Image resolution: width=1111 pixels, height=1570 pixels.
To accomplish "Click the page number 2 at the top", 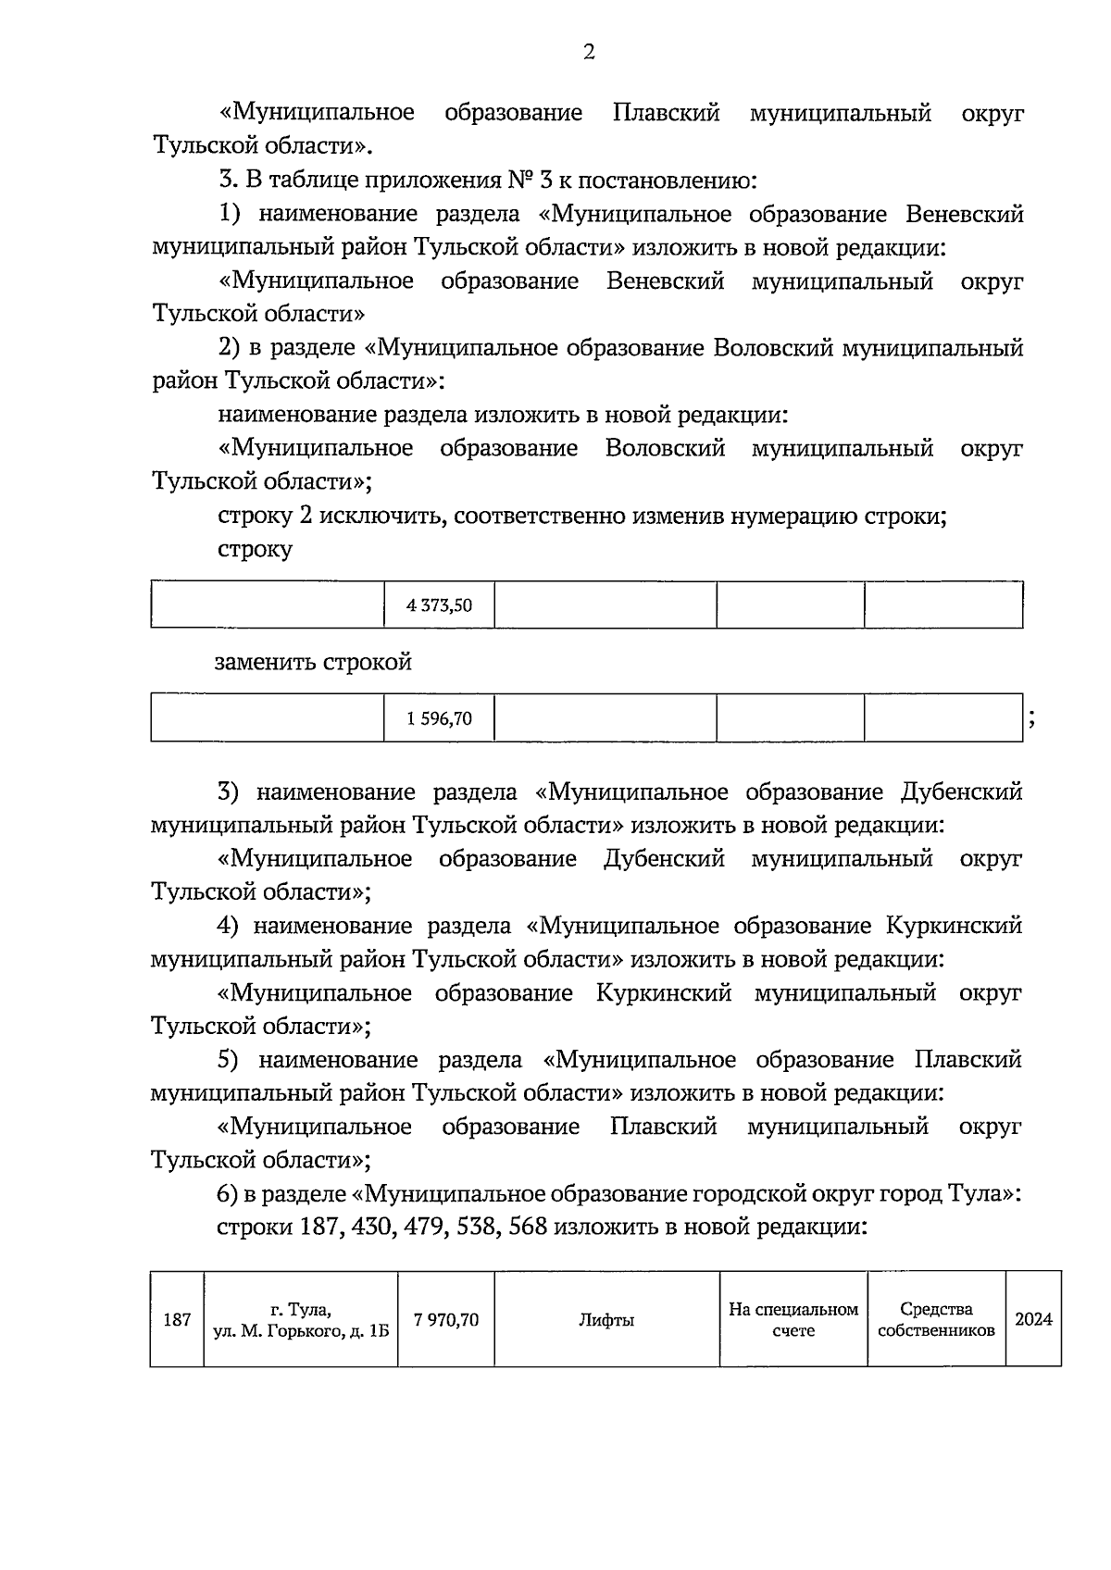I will [589, 52].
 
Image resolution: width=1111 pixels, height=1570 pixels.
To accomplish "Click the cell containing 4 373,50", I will [439, 605].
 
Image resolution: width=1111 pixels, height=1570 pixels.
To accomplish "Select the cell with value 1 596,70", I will [439, 718].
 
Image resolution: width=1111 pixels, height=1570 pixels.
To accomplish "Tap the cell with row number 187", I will [177, 1319].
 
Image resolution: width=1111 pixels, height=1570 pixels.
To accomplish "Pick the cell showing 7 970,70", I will [446, 1319].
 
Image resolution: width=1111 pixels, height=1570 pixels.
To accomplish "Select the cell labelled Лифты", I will [606, 1319].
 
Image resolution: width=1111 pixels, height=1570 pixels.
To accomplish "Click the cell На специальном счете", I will [793, 1319].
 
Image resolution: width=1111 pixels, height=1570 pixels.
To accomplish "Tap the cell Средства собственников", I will [936, 1319].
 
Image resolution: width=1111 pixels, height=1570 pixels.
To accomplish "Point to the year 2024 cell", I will [1033, 1319].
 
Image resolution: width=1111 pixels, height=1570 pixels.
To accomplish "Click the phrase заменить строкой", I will [313, 663].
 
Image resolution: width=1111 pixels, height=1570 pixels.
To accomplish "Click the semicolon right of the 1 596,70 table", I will [1030, 721].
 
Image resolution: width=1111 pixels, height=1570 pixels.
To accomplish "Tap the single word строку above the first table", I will [255, 550].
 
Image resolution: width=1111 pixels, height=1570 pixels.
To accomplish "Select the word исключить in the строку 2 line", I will [378, 517].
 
